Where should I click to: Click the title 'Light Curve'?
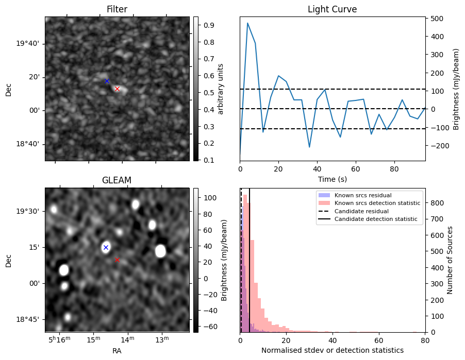pos(332,9)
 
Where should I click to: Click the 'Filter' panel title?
pos(117,9)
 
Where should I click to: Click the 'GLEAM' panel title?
pos(117,180)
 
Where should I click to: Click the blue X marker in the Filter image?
pos(107,81)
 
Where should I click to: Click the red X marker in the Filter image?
pos(117,89)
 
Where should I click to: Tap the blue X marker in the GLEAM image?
pos(106,247)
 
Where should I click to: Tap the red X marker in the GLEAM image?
pos(117,260)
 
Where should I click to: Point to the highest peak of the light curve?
pos(247,23)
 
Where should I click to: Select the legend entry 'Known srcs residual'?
pos(362,196)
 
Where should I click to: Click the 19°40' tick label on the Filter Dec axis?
pos(30,44)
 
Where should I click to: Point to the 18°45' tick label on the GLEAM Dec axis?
pos(30,319)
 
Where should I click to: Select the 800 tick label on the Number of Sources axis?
pos(436,203)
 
